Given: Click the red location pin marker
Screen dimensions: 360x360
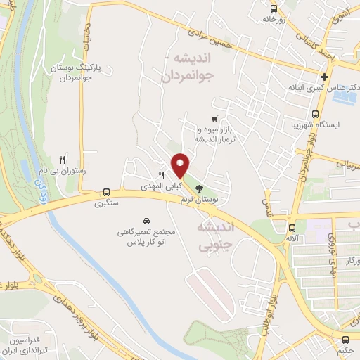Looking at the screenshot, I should (181, 165).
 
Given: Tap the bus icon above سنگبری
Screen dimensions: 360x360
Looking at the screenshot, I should (106, 192).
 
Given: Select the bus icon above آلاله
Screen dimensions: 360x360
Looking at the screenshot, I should (292, 227).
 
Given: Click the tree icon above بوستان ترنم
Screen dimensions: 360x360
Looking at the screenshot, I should (199, 188).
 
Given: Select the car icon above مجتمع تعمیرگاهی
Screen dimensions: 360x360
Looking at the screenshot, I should (146, 220).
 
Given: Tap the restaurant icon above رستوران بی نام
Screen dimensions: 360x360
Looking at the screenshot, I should (62, 160).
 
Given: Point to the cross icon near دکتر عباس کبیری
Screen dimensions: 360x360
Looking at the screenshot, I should (324, 77).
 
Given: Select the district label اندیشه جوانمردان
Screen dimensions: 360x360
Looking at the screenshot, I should (191, 67).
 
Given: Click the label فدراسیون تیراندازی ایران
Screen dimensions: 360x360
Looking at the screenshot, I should (32, 345).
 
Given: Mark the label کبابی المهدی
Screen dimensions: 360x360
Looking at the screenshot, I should (159, 186).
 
